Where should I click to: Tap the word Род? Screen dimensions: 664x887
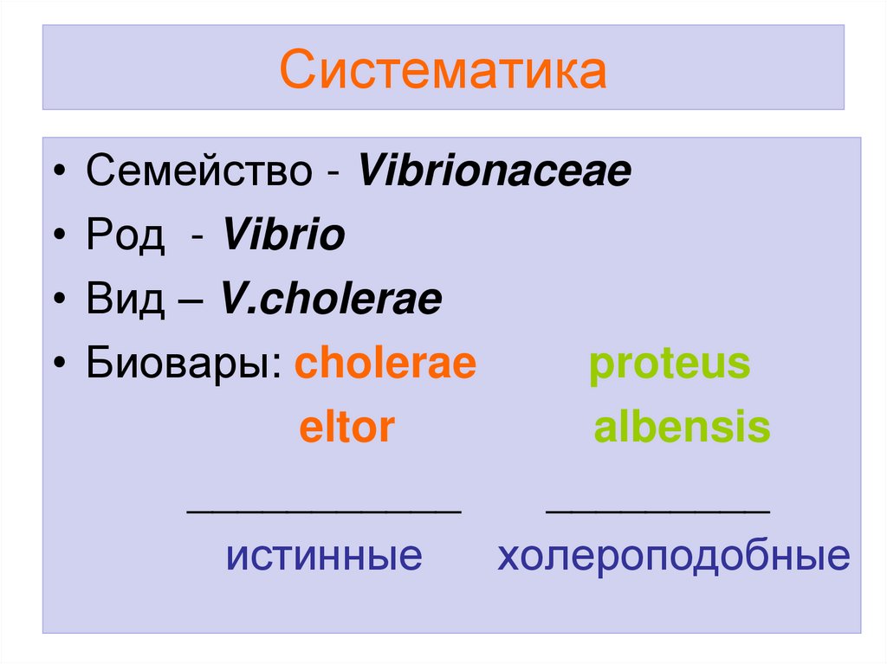(125, 235)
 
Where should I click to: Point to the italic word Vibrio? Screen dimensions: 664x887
(283, 235)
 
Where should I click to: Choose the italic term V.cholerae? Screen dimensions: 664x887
(331, 300)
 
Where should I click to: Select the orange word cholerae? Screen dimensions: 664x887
(385, 364)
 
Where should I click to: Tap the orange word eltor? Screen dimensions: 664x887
(346, 428)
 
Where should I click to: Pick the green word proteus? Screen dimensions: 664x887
(670, 364)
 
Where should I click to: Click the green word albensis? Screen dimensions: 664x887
(682, 428)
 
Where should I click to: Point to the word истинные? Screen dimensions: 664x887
(324, 556)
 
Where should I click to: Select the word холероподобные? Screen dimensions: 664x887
(673, 556)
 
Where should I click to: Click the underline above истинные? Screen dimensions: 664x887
(325, 512)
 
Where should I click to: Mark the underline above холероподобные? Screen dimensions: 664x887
(657, 512)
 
